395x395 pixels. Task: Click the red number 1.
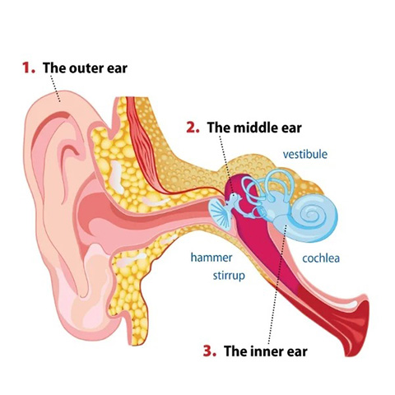29,67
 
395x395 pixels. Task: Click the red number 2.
193,128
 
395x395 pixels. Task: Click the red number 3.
210,351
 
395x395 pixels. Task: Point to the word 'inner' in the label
263,351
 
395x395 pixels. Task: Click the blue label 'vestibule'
305,154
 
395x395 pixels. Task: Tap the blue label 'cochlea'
321,258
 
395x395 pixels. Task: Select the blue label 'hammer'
211,258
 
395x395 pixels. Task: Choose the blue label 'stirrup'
229,276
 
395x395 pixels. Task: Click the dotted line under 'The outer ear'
54,88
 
